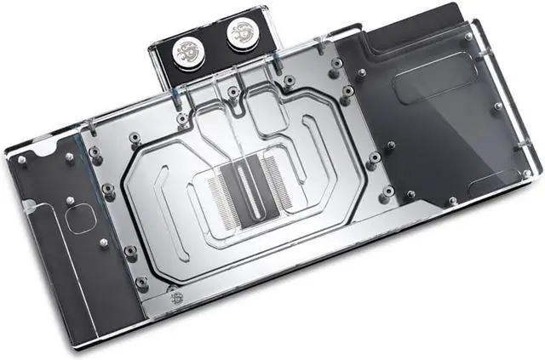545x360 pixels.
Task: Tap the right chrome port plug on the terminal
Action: pos(242,37)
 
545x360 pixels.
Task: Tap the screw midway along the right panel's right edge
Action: pos(498,106)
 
